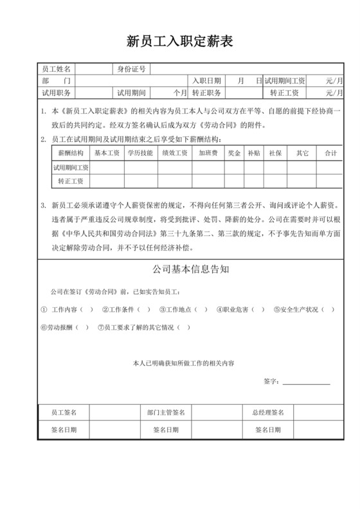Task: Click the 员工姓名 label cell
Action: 55,69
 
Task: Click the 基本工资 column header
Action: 107,154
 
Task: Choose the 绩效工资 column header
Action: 174,154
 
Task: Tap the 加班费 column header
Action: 208,154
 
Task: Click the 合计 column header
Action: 330,154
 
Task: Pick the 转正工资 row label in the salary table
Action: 71,181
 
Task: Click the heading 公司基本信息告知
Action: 180,269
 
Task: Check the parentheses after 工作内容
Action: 87,308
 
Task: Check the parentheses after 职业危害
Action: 259,308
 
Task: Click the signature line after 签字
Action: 306,383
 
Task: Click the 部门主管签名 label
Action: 165,412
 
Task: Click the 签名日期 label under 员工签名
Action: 64,429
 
